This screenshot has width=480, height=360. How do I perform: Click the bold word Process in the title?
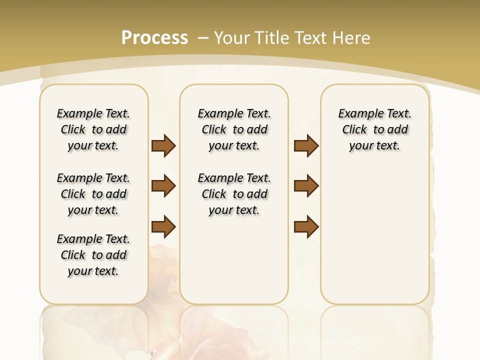(154, 37)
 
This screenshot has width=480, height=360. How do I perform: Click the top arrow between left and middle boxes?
(163, 145)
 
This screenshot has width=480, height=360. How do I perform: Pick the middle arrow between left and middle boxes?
(163, 186)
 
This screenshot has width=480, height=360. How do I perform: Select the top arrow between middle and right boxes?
(306, 145)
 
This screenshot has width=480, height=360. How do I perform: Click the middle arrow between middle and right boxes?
(306, 186)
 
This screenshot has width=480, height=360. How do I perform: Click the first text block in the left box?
(93, 129)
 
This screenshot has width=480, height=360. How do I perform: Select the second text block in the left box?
(93, 194)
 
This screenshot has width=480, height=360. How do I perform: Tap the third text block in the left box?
(93, 255)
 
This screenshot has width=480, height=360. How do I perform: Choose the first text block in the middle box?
(234, 129)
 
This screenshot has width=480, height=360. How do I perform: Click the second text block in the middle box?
(234, 194)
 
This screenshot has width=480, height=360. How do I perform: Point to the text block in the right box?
(374, 129)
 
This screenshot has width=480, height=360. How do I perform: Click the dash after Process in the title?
(203, 37)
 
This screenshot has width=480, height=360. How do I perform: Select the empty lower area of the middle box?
(234, 260)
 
